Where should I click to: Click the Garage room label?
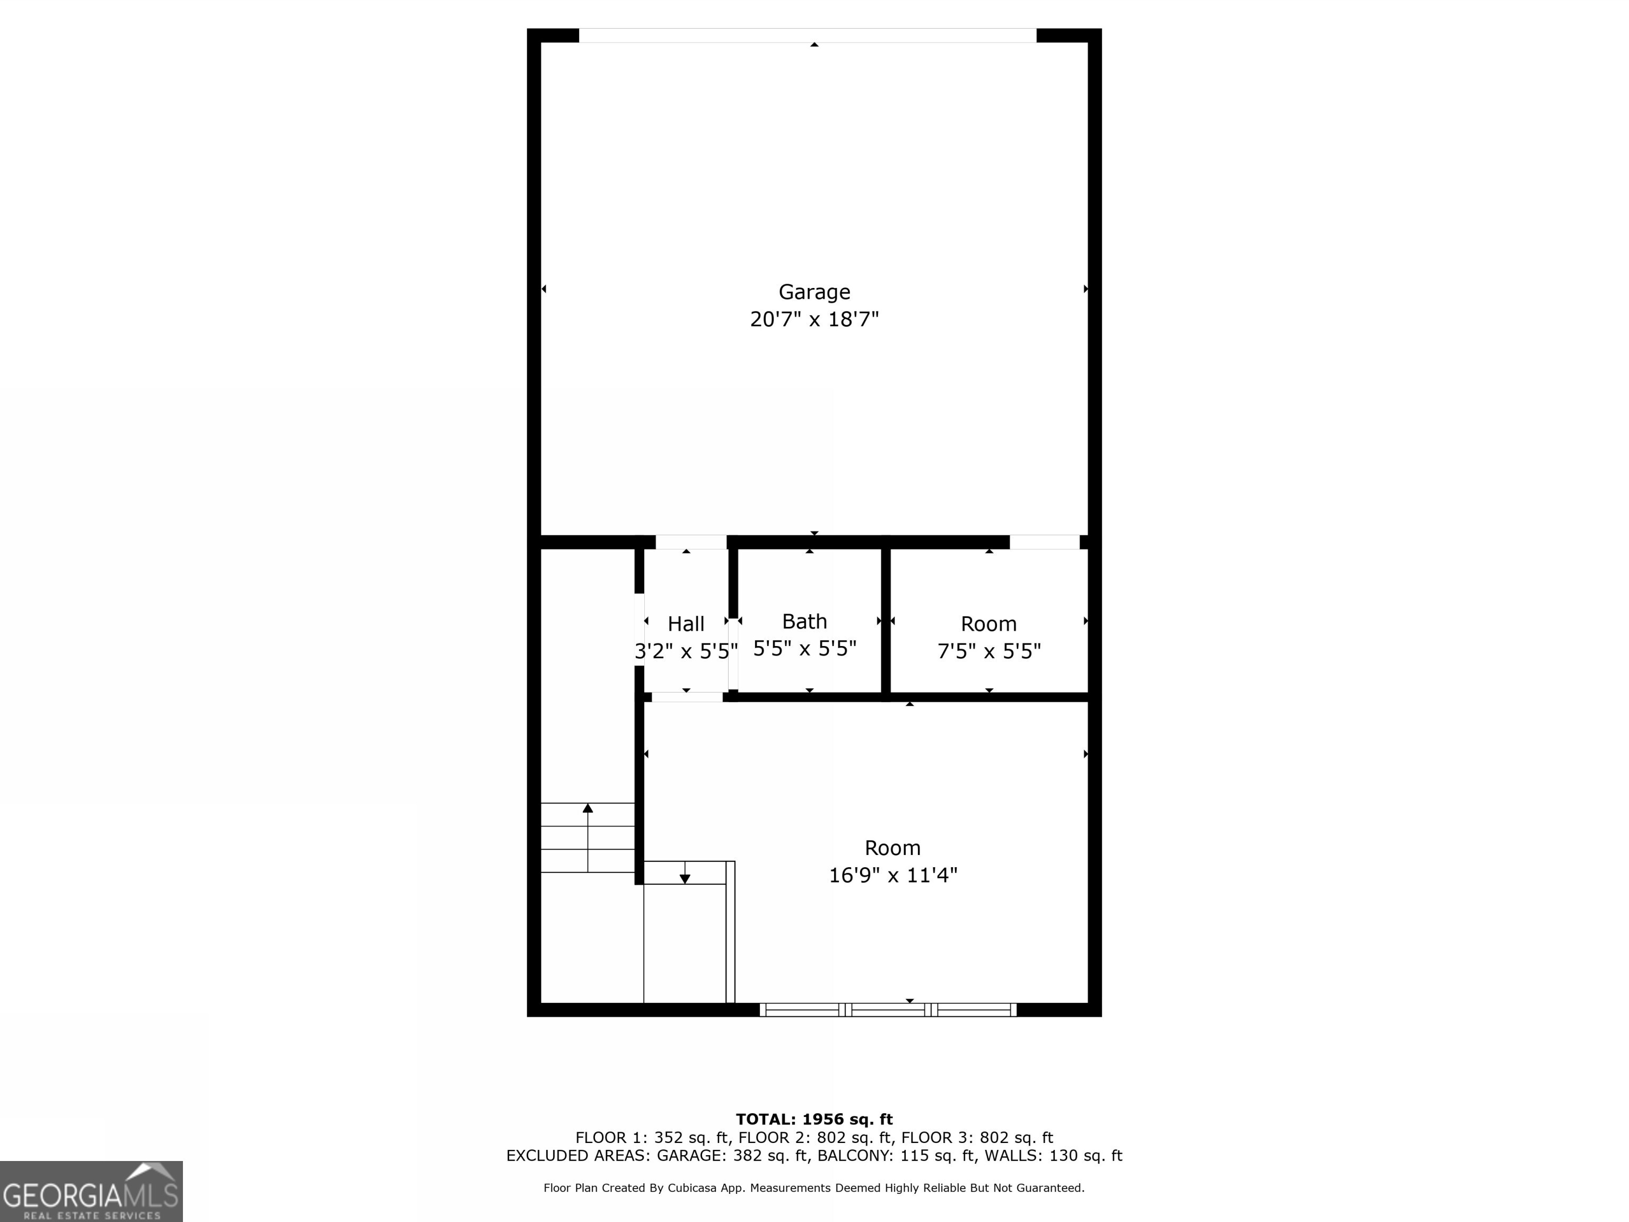(814, 292)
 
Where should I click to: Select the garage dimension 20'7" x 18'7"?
(814, 319)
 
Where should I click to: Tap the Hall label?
(686, 624)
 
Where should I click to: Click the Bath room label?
(804, 622)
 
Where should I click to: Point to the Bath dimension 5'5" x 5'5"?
(804, 648)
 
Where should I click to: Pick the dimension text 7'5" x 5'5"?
(988, 651)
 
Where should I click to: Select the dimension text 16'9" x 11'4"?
(892, 875)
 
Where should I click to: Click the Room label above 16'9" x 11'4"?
(892, 848)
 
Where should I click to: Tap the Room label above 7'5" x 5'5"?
(988, 624)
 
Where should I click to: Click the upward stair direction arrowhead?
(588, 808)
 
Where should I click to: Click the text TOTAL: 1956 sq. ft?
(814, 1120)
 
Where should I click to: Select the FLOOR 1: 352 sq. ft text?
(652, 1138)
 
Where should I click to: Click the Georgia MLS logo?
(91, 1191)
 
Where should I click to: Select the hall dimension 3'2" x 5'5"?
(686, 651)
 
